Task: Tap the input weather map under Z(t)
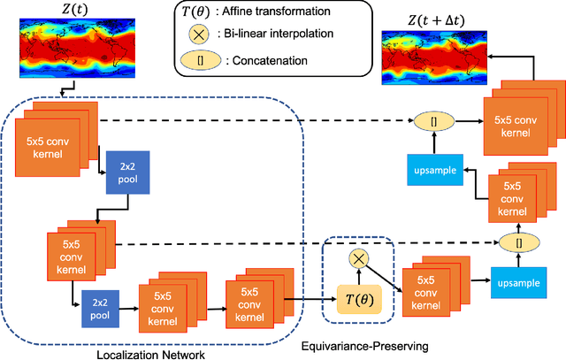[56, 48]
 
